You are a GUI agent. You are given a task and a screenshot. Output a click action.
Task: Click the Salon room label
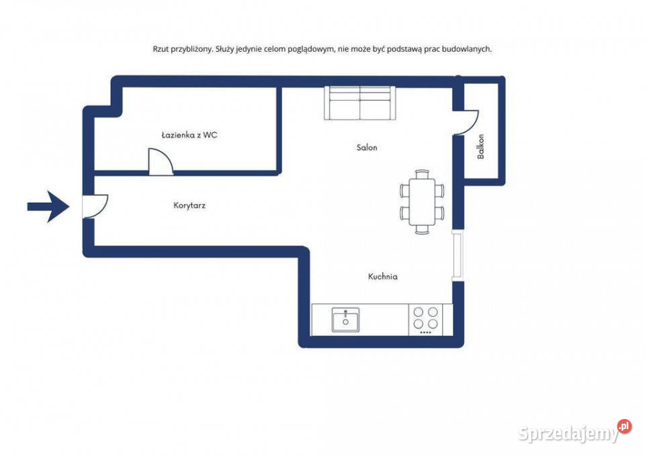tap(367, 147)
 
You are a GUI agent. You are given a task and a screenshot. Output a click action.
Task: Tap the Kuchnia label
tap(382, 276)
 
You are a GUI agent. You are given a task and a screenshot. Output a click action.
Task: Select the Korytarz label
tap(189, 206)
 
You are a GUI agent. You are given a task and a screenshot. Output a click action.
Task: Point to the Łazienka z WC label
tap(189, 135)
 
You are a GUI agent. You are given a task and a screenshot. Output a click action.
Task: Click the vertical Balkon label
tap(480, 146)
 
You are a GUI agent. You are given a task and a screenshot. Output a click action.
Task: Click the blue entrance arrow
tap(48, 206)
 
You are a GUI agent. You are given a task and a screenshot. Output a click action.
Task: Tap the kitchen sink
tap(345, 320)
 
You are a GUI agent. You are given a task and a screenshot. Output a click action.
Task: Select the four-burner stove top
tap(426, 320)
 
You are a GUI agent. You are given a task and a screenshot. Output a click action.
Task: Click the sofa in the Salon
tap(359, 103)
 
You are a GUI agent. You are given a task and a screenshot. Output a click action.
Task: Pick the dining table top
tap(422, 201)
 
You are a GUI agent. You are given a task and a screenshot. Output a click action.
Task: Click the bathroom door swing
tap(161, 161)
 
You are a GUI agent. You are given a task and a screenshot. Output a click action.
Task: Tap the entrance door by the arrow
tap(95, 206)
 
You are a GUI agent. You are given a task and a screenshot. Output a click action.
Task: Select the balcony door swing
tap(466, 122)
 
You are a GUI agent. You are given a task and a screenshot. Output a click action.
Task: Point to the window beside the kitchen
tap(458, 255)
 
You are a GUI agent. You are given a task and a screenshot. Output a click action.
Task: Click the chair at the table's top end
tap(422, 174)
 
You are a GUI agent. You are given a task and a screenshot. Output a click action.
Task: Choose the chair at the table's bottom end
tap(422, 230)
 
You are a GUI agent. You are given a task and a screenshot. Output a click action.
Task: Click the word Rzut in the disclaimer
tap(161, 49)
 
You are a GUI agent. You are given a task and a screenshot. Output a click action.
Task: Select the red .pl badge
tap(624, 426)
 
